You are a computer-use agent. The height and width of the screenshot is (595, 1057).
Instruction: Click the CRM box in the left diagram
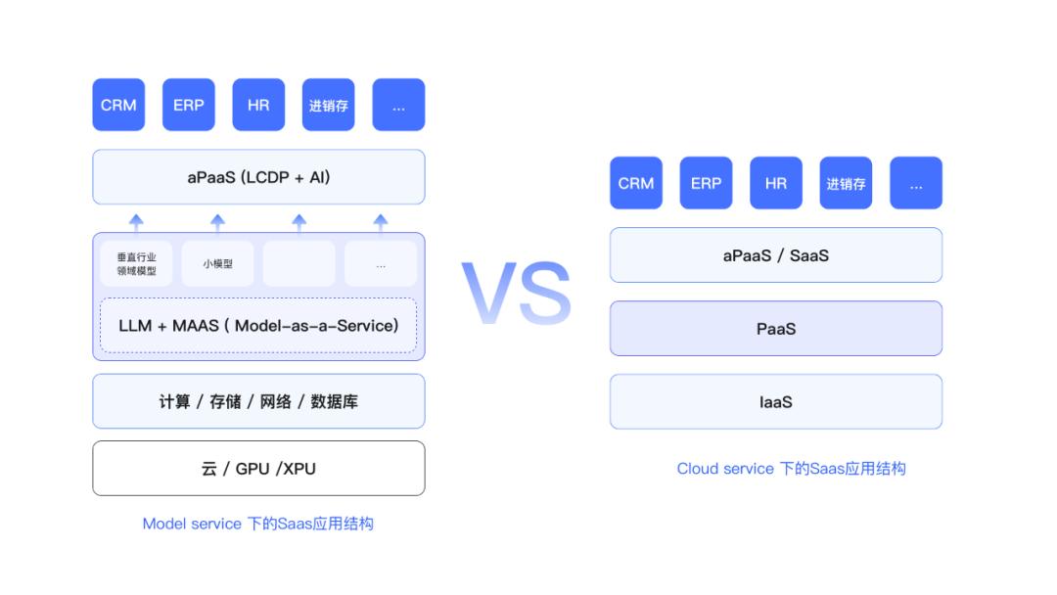click(x=118, y=105)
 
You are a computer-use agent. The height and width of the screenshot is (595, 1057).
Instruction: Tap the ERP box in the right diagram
click(x=706, y=183)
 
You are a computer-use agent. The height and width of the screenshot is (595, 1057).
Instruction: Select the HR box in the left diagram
click(x=258, y=105)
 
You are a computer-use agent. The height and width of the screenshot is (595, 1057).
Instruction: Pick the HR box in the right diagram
click(x=776, y=183)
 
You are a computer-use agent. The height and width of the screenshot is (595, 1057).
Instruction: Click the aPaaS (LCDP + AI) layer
click(x=258, y=176)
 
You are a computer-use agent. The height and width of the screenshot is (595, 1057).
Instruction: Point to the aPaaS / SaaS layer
click(x=776, y=254)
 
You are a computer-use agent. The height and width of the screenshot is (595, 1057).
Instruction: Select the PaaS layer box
click(x=776, y=328)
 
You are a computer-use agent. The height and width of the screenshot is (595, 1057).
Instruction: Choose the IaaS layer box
click(x=776, y=401)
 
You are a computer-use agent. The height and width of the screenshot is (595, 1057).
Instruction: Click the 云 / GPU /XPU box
click(x=258, y=469)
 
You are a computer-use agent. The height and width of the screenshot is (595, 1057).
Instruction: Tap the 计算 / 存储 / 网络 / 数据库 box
click(x=258, y=401)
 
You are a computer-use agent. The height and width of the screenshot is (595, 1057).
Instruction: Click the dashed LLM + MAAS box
click(x=258, y=326)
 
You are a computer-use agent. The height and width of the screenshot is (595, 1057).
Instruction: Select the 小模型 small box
click(x=217, y=263)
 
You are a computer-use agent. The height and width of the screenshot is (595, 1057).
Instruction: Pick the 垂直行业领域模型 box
click(x=136, y=263)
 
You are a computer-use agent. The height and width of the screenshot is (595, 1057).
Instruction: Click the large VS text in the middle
click(x=517, y=294)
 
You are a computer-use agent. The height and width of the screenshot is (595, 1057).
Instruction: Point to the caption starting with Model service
click(x=257, y=524)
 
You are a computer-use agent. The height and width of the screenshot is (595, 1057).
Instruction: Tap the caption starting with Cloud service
click(x=792, y=469)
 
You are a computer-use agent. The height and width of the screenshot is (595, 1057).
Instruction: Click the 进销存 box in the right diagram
click(x=846, y=183)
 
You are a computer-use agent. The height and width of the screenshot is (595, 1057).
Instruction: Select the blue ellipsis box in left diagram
click(x=398, y=105)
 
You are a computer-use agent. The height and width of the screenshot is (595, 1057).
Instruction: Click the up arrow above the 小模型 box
click(x=217, y=224)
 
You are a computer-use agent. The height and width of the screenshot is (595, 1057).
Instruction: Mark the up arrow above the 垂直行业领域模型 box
click(x=136, y=224)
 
